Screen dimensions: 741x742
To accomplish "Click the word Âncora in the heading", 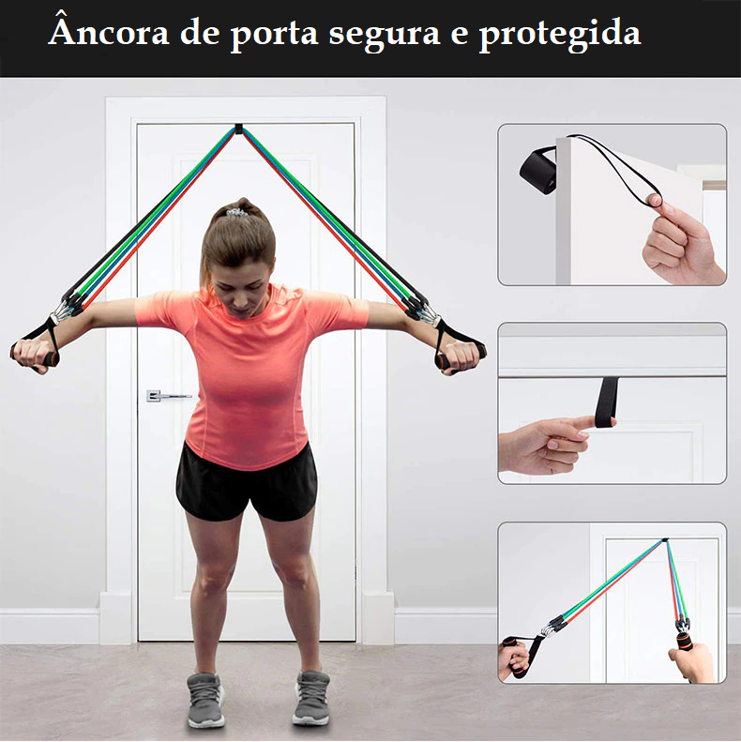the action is pos(109,31).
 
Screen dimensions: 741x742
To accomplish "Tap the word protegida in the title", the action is pos(560,35).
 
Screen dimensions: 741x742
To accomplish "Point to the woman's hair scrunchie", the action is pos(238,211).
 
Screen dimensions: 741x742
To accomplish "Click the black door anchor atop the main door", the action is pos(238,129).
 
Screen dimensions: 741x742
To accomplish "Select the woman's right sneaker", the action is pos(205,700).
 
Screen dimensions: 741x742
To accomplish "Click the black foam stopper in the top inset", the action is pos(538,170).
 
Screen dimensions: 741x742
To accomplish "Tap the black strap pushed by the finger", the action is pos(607,402).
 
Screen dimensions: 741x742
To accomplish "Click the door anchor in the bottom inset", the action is pos(665,540).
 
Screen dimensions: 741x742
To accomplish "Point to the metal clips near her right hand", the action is pos(63,311).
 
